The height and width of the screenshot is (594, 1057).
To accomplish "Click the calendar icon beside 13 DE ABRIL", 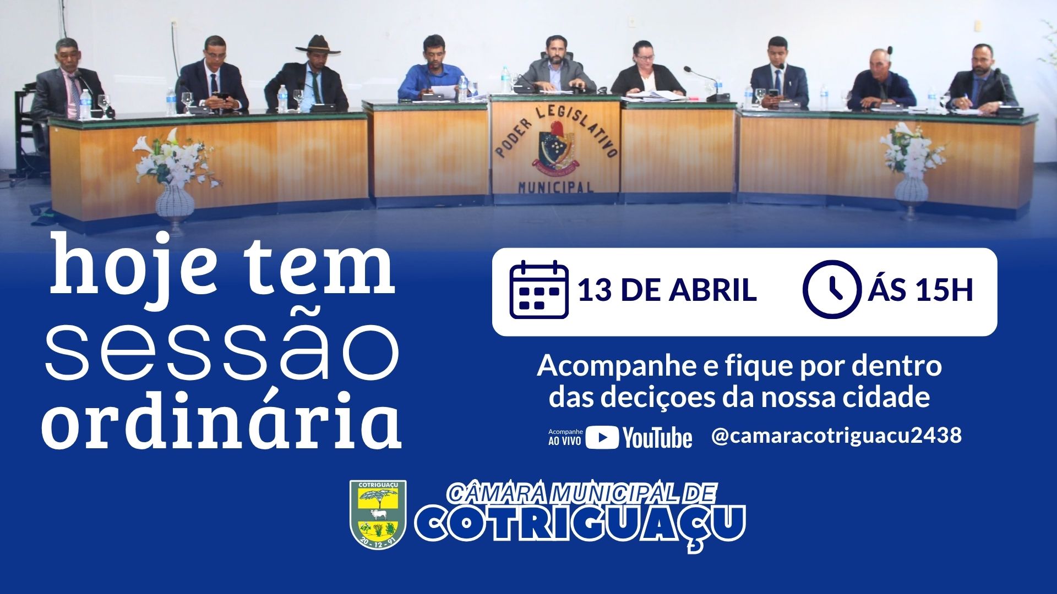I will click(538, 290).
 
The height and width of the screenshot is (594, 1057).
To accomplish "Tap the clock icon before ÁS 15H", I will click(831, 290).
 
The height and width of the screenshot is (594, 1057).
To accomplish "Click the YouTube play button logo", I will click(602, 438).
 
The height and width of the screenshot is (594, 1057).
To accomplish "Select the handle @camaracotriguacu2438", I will click(836, 436).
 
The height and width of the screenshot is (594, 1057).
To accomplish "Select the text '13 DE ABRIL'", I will click(667, 290).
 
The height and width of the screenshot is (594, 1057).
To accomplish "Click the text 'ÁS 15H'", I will click(920, 290).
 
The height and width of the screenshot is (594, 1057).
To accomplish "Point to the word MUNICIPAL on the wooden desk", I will click(555, 188).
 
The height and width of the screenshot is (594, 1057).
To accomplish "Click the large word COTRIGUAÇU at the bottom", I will click(580, 523).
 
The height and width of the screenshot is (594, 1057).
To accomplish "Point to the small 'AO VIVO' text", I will click(564, 441).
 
